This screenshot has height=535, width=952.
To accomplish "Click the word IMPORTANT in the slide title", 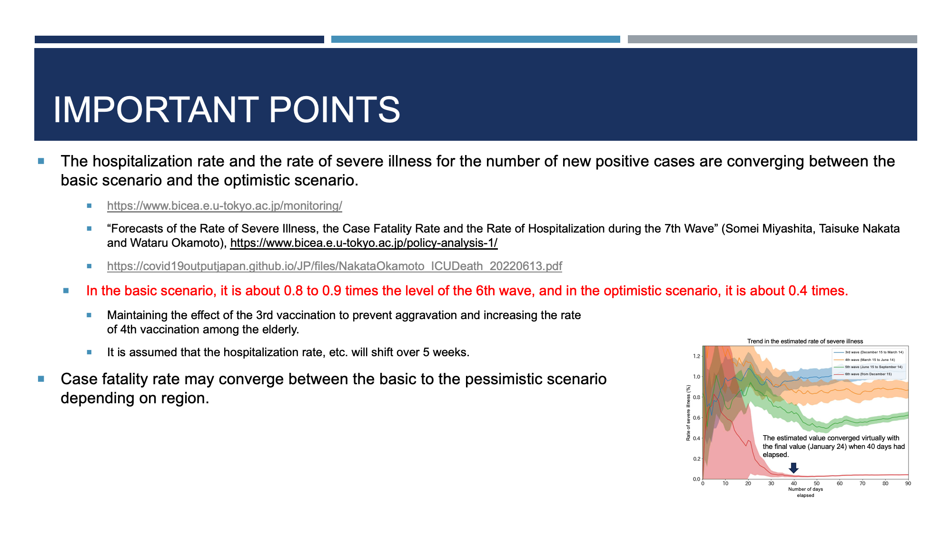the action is click(x=156, y=110).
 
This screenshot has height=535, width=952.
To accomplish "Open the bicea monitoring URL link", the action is click(x=225, y=206).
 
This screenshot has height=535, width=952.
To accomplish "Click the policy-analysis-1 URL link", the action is click(x=364, y=243).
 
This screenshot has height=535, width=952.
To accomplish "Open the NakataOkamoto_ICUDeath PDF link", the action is click(x=335, y=266).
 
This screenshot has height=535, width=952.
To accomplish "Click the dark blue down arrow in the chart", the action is click(x=793, y=468).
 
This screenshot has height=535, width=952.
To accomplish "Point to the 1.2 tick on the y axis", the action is click(x=697, y=356).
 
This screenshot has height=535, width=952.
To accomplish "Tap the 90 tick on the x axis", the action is click(x=908, y=484).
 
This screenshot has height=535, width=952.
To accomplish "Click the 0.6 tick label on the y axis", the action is click(x=697, y=418).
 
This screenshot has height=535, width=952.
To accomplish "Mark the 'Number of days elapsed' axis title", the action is click(x=805, y=492).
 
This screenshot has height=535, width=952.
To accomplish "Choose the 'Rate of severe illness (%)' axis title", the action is click(x=688, y=413).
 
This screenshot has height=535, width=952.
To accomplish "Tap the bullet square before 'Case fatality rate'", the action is click(x=41, y=379).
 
